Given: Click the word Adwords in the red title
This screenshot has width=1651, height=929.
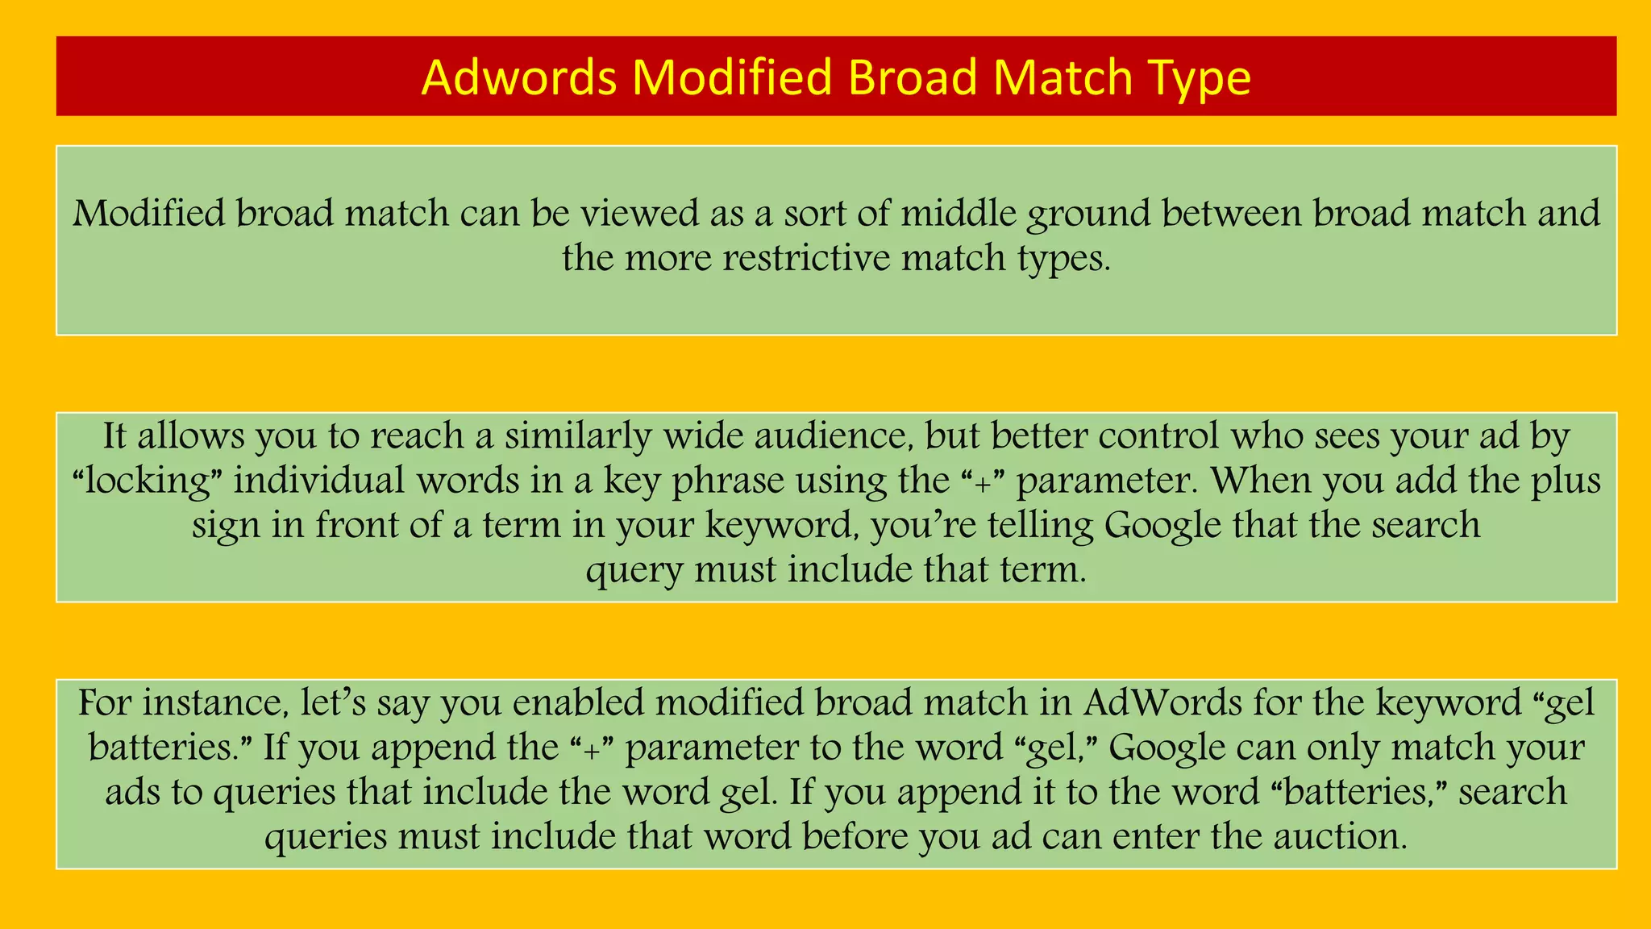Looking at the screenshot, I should pos(519,78).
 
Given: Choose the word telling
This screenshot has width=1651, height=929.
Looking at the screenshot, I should pos(1041,526).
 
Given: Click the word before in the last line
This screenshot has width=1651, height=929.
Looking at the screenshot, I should pos(855,837).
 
